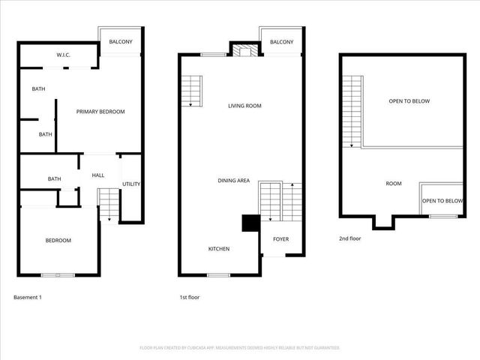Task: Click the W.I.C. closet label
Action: tap(63, 55)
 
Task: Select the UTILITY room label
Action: tap(130, 184)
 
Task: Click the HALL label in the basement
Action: tap(98, 175)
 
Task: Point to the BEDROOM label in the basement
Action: tap(58, 240)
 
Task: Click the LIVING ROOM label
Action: tap(244, 106)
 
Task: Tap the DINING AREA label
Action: tap(233, 181)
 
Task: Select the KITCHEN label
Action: tap(219, 249)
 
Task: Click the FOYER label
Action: tap(280, 239)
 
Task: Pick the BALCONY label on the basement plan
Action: tap(121, 42)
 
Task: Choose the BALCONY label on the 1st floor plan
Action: tap(281, 42)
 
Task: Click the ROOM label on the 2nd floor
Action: tap(394, 184)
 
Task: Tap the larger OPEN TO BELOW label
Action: tap(409, 101)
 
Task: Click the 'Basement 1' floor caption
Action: tap(28, 298)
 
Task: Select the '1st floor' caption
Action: tap(189, 298)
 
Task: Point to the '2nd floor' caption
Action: tap(350, 239)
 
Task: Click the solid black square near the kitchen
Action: tap(248, 223)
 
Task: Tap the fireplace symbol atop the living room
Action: tap(244, 51)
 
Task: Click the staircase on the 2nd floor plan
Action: tap(352, 111)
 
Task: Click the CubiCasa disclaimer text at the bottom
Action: tap(240, 348)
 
